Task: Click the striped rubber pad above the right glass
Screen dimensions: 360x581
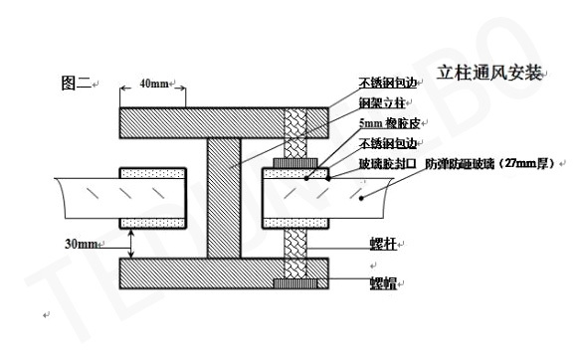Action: tap(294, 161)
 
